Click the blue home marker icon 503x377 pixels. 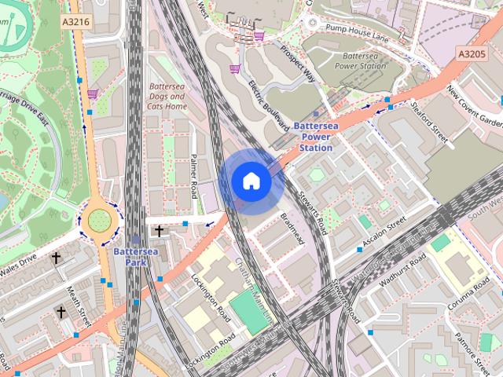coord(251,181)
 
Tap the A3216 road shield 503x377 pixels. coord(75,23)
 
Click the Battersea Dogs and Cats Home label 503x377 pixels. coord(168,95)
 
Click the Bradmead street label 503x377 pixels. coord(292,229)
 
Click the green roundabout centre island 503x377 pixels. coord(99,220)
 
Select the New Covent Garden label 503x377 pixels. coord(474,107)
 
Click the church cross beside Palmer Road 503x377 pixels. coord(160,231)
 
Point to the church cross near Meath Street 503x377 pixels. coord(61,312)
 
